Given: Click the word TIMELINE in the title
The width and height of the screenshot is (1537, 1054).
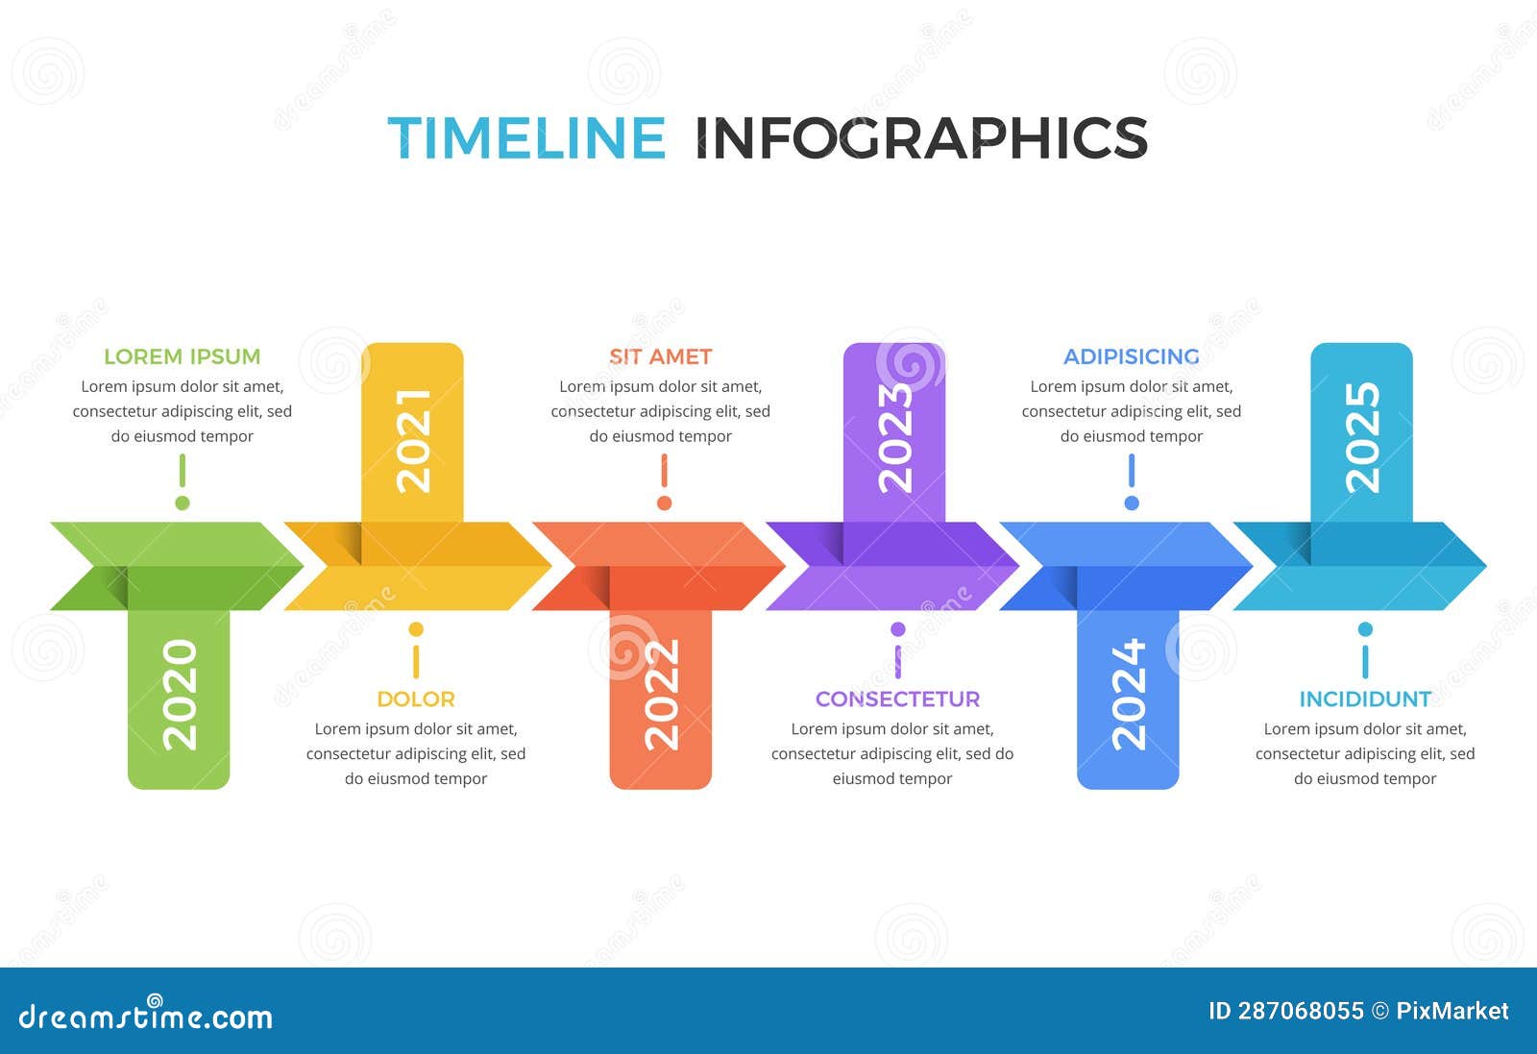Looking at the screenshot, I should (x=526, y=137).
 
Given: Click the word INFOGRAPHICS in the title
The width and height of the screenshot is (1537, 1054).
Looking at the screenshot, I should (x=920, y=137).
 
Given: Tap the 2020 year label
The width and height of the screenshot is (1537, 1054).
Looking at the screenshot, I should (x=180, y=695).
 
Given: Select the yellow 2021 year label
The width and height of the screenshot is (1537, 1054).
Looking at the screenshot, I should (x=413, y=440).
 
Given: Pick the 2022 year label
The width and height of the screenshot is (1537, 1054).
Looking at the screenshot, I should (x=661, y=695).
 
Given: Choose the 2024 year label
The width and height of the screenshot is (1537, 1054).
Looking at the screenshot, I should (x=1128, y=695).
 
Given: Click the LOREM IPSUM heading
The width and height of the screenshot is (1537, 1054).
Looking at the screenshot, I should (x=183, y=356).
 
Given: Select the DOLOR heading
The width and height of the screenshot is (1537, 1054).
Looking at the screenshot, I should (x=416, y=699).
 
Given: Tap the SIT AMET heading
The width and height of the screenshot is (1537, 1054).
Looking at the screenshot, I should (x=661, y=356).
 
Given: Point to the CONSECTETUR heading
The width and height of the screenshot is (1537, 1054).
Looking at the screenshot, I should (x=897, y=699).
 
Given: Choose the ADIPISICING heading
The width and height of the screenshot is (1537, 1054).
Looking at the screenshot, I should (x=1132, y=356).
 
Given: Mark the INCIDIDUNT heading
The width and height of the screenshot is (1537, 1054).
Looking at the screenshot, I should (x=1365, y=699).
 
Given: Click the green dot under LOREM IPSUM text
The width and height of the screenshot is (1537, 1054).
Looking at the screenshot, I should (x=183, y=502).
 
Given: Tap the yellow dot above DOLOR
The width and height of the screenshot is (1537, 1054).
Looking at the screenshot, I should (x=416, y=629).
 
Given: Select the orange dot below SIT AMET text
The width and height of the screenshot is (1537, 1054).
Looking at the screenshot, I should (x=664, y=502).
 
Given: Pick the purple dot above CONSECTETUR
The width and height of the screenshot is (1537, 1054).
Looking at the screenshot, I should (x=897, y=629).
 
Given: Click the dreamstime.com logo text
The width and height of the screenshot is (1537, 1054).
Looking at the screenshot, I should (x=146, y=1017).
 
